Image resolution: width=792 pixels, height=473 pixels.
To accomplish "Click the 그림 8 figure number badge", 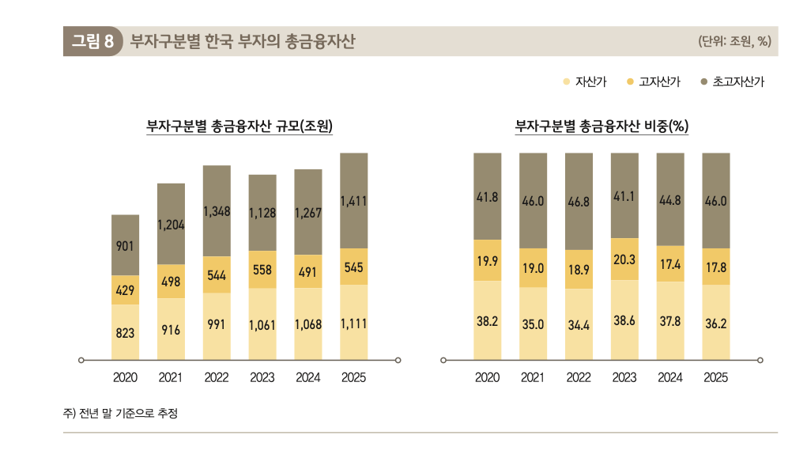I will click(92, 41).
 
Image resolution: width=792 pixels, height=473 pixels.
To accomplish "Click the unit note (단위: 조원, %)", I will click(734, 42).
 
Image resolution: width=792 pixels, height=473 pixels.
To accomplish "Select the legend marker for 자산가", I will click(566, 81).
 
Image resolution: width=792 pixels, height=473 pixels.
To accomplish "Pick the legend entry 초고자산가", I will click(732, 81).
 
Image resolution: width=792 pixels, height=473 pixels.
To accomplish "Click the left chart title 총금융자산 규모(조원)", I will click(239, 126).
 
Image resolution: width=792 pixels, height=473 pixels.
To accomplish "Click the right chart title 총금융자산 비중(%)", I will click(602, 126).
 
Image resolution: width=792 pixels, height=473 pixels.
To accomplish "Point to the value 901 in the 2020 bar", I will click(125, 247).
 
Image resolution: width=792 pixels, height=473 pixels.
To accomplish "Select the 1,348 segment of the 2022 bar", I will click(217, 211).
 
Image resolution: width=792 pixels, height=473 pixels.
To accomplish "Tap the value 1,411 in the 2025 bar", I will click(353, 202).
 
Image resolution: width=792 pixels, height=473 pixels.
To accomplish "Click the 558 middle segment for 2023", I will click(262, 270).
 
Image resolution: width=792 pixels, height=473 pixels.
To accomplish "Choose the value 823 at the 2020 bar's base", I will click(125, 333).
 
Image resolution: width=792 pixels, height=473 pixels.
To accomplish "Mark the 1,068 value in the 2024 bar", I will click(308, 325).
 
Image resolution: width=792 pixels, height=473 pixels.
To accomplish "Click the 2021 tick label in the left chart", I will click(171, 378).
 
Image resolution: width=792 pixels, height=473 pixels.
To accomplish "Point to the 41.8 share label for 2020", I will click(488, 198).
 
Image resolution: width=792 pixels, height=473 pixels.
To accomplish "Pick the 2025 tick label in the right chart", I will click(716, 378).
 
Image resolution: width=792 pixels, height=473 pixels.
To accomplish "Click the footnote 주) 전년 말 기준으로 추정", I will click(121, 412).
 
